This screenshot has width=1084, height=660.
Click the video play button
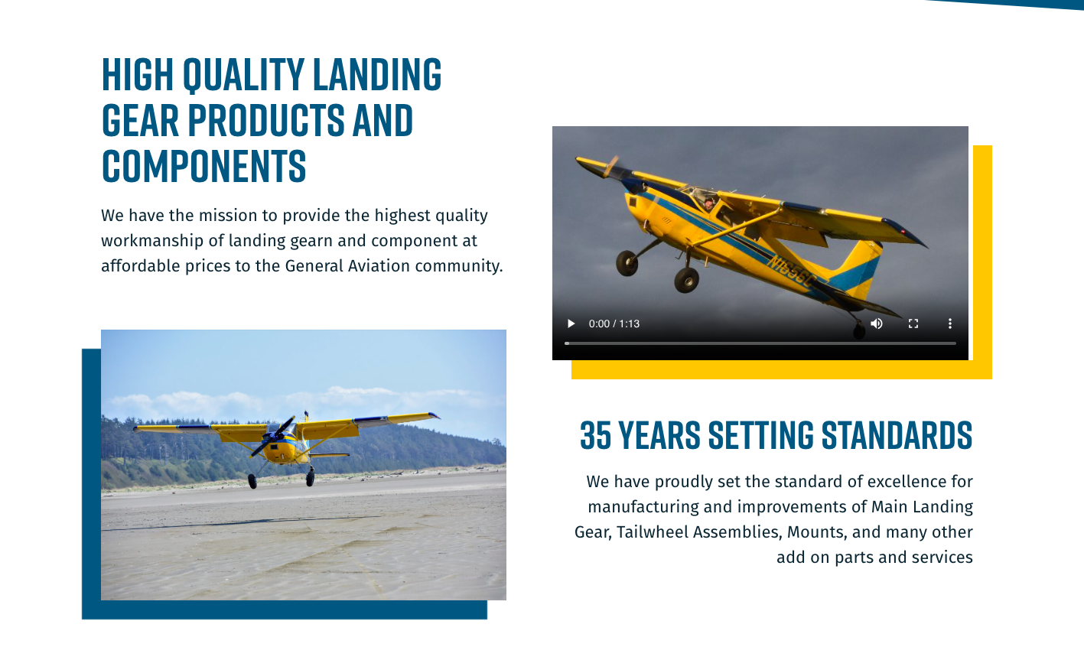point(571,323)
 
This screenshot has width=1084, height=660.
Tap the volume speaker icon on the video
point(877,323)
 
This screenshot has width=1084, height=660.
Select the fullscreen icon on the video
point(913,323)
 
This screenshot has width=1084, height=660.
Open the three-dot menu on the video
point(950,323)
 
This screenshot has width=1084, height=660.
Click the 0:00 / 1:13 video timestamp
point(614,323)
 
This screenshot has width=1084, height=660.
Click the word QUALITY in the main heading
point(244,74)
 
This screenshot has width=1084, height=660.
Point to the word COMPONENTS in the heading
point(203,166)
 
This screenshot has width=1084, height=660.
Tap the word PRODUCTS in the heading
point(266,120)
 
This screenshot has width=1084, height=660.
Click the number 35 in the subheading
point(596,435)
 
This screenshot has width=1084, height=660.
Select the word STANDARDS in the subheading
point(897,435)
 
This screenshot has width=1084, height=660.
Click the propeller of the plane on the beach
point(273,437)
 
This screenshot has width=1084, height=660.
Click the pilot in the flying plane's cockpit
point(709,203)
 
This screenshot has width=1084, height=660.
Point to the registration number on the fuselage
point(793,273)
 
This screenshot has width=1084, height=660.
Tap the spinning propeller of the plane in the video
point(612,166)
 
